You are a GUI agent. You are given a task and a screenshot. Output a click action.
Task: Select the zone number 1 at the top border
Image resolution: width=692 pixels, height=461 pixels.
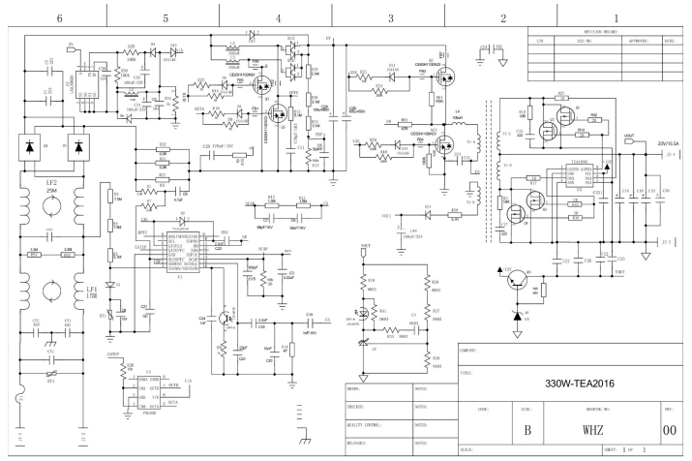(x=617, y=18)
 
